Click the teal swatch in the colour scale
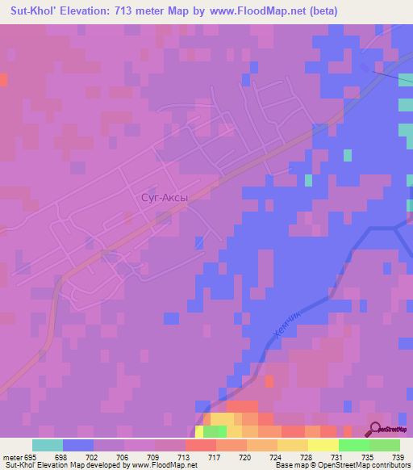(x=48, y=445)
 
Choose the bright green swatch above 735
(x=354, y=445)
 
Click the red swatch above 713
(x=201, y=445)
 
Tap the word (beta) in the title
(x=322, y=11)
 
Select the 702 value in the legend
(x=94, y=457)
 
